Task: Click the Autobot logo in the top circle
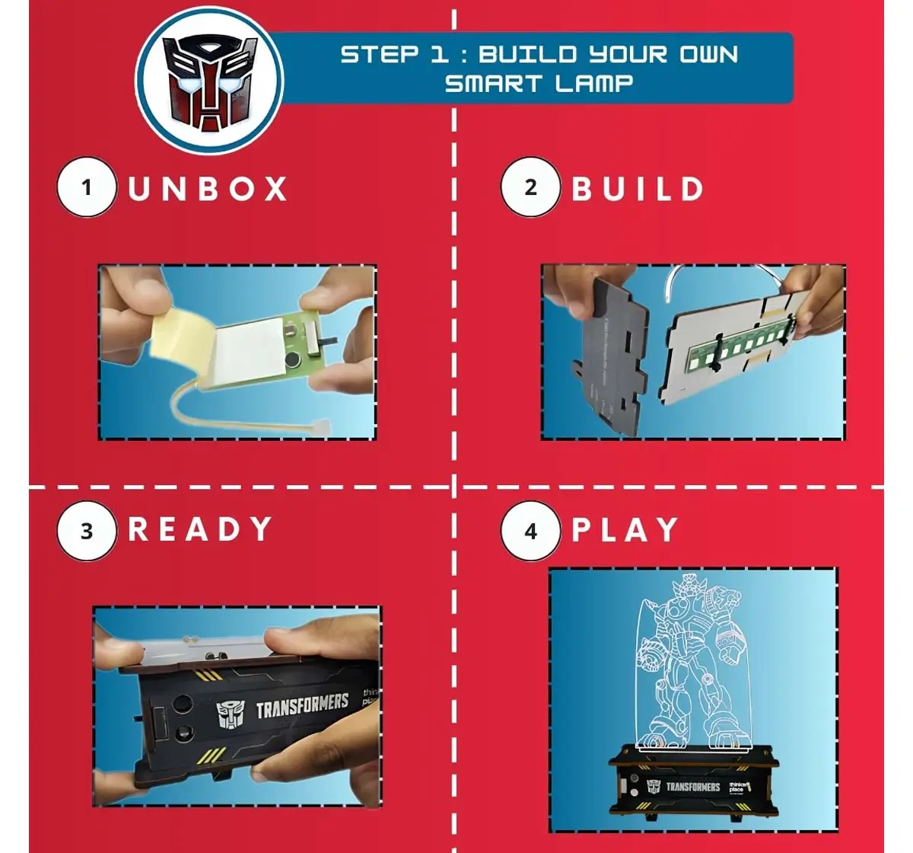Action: [x=209, y=80]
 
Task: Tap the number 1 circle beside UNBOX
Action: [x=87, y=187]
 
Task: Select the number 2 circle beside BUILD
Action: [x=530, y=187]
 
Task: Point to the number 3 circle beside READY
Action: [x=87, y=530]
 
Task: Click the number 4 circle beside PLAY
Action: [x=530, y=530]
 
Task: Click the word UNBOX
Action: [x=208, y=189]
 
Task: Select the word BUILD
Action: [x=638, y=189]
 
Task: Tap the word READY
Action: [x=200, y=529]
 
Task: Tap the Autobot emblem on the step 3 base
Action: [x=230, y=714]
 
